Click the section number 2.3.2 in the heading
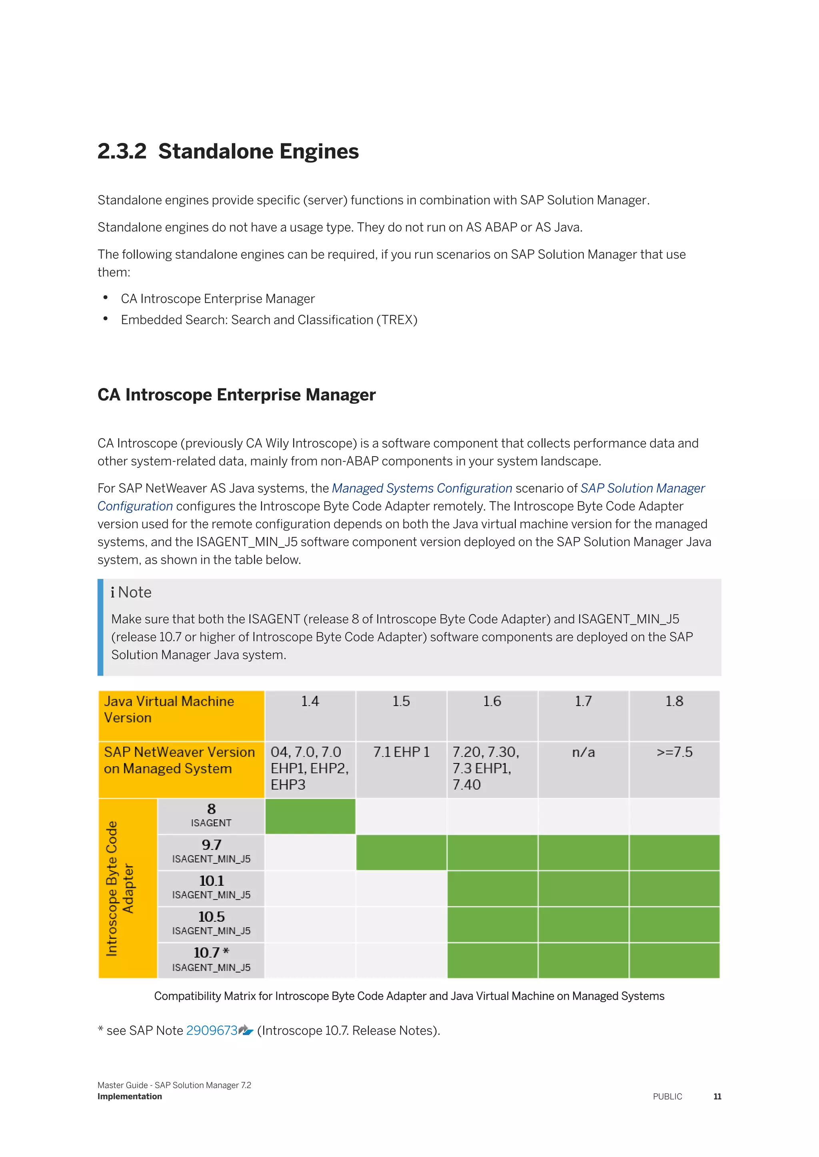click(x=122, y=152)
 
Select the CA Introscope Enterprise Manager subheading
click(x=236, y=395)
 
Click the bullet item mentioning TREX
click(x=269, y=320)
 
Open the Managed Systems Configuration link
click(x=421, y=488)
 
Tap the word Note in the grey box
click(x=135, y=592)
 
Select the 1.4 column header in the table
click(x=310, y=702)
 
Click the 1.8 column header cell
click(x=674, y=702)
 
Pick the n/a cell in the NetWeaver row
click(x=583, y=752)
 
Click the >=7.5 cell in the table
click(x=674, y=752)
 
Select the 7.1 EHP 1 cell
click(x=401, y=752)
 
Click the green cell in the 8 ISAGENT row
click(x=310, y=816)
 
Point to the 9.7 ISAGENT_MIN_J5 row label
click(x=211, y=852)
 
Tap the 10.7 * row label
click(x=211, y=960)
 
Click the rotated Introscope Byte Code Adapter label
click(x=120, y=889)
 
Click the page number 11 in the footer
click(x=717, y=1097)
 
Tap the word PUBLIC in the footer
click(x=667, y=1097)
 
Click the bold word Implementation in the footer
click(x=130, y=1097)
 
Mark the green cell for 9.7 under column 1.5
click(x=401, y=852)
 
